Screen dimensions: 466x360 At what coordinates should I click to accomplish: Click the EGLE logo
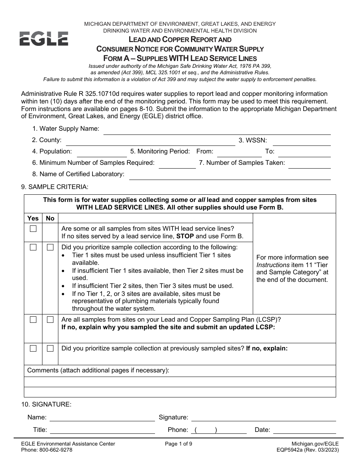[x=44, y=39]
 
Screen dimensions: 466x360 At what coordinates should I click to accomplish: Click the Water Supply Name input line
[x=217, y=130]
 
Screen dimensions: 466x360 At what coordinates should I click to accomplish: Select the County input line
[x=150, y=141]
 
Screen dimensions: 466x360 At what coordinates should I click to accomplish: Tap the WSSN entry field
[x=301, y=141]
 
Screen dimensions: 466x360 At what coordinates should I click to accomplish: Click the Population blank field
[x=102, y=153]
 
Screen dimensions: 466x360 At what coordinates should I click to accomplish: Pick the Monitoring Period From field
[x=239, y=153]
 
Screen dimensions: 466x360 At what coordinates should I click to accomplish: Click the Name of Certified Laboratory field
[x=230, y=175]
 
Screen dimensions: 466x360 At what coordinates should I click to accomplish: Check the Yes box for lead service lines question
[x=33, y=228]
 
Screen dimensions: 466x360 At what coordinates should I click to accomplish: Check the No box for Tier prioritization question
[x=50, y=247]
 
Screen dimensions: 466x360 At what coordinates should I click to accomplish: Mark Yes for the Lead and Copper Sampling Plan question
[x=33, y=320]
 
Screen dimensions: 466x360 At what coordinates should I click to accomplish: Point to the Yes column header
[x=33, y=218]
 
